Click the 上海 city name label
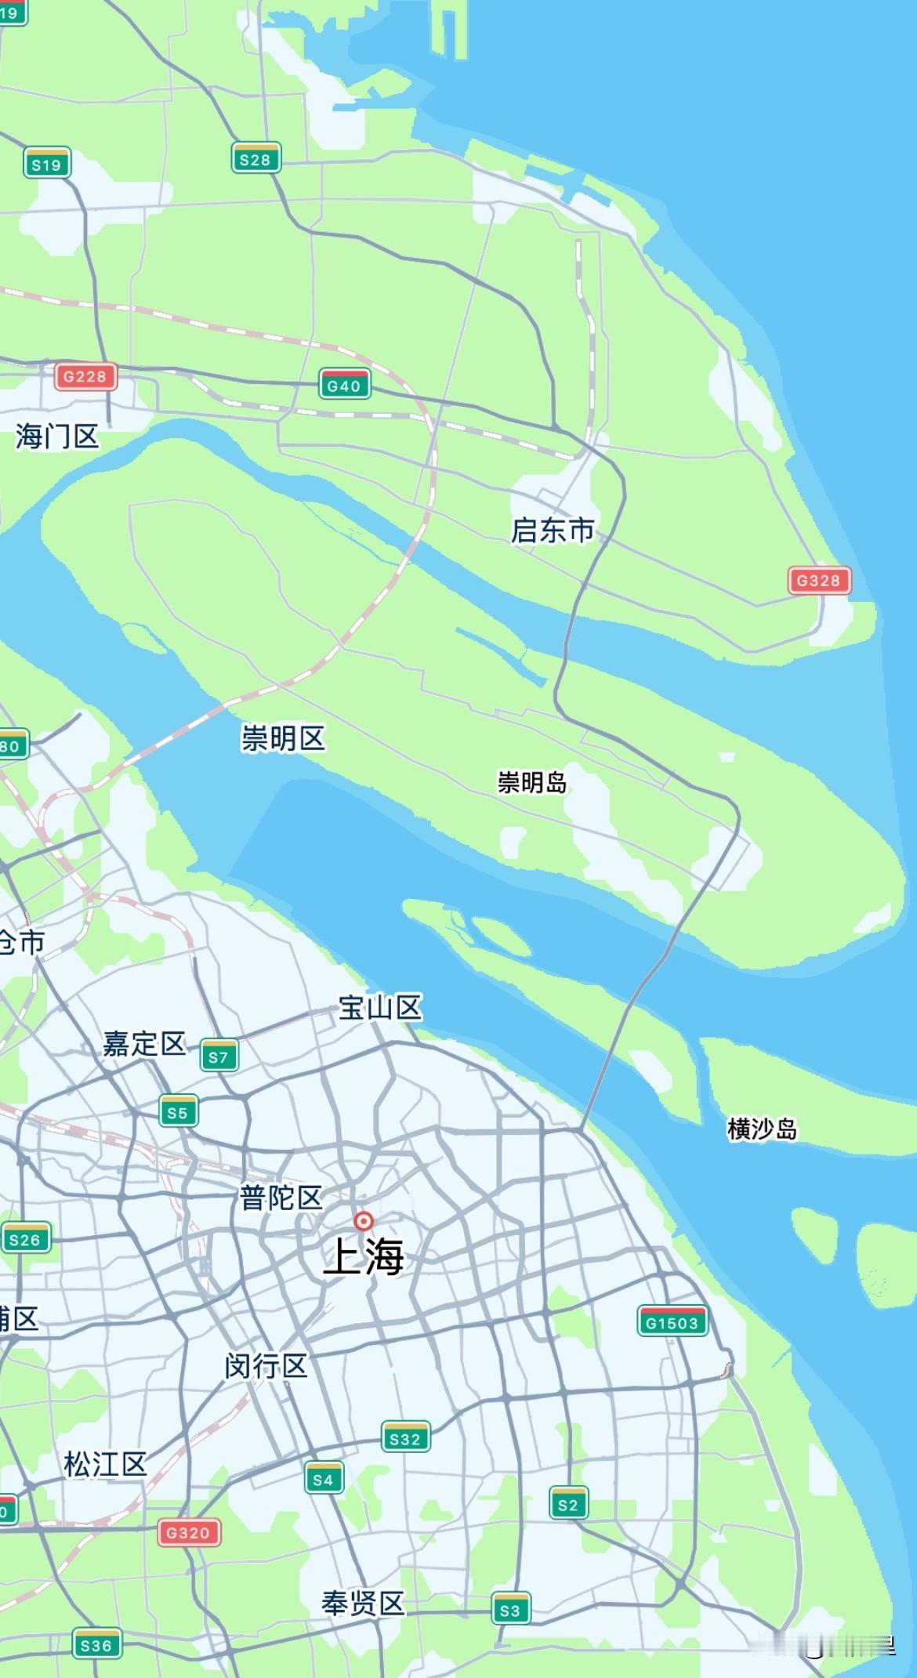tap(364, 1256)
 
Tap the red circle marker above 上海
tap(364, 1221)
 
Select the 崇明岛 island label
tap(532, 782)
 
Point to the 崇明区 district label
tap(283, 738)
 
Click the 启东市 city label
tap(553, 531)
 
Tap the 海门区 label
tap(57, 437)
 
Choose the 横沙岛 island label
tap(762, 1129)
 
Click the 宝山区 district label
tap(380, 1008)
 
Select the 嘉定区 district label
tap(144, 1044)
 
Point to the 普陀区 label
tap(281, 1198)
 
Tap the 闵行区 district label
tap(266, 1367)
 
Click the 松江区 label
tap(105, 1464)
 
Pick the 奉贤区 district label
tap(362, 1604)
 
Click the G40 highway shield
tap(344, 385)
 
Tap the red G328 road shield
tap(818, 581)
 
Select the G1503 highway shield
tap(672, 1322)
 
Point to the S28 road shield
tap(256, 159)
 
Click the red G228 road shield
tap(85, 376)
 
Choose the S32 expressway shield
tap(405, 1438)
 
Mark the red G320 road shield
tap(188, 1532)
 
